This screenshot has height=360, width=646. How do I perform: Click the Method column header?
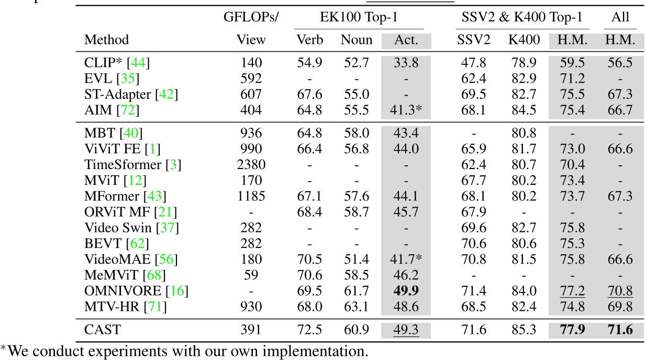pyautogui.click(x=107, y=40)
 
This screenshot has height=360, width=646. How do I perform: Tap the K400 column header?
pyautogui.click(x=524, y=40)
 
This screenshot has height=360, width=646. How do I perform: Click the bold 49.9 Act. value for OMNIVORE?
pyautogui.click(x=406, y=290)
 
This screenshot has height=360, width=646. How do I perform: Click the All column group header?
pyautogui.click(x=621, y=17)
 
